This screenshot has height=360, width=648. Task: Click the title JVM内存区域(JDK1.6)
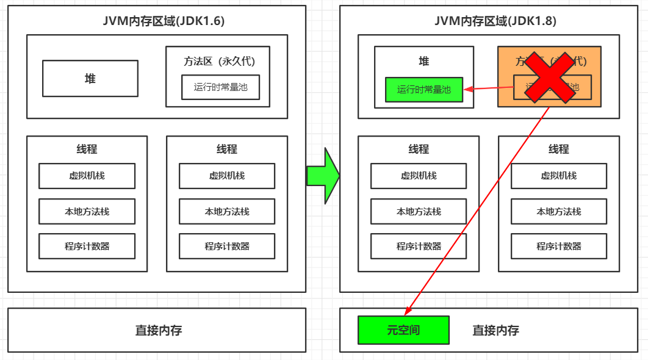pos(164,21)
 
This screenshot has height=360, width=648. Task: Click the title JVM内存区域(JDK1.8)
pos(495,21)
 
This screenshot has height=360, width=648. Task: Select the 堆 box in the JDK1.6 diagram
pos(90,79)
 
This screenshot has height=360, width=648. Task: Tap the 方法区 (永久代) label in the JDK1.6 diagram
pos(218,61)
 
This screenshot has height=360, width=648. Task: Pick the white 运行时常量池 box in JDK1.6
pos(220,87)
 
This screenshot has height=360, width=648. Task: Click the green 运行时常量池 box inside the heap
pos(424,89)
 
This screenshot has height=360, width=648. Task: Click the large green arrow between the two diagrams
pos(323,176)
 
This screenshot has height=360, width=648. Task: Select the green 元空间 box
pos(403,330)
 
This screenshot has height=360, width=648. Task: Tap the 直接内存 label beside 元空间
pos(495,330)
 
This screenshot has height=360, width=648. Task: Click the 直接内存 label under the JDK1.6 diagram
pos(158,330)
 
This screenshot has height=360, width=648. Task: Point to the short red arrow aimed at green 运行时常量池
pos(488,88)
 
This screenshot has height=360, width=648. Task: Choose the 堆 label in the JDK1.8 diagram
pos(424,61)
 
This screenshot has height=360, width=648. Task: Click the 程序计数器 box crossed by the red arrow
pos(419,246)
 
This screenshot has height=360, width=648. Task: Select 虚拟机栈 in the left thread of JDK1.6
pos(87,176)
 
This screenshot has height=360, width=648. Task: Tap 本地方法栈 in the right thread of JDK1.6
pos(227,211)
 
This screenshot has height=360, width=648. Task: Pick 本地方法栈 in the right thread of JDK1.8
pos(559,211)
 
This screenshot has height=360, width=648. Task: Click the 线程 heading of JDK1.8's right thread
pos(559,149)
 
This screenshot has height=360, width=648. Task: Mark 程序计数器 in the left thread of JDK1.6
pos(87,246)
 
